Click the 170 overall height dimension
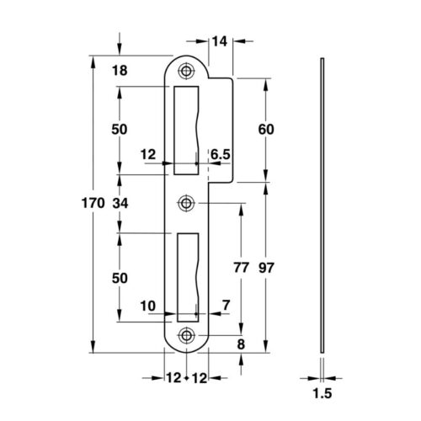93,203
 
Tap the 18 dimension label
120,71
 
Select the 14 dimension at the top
220,41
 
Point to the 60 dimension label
266,130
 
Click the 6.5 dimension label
221,154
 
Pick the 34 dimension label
120,203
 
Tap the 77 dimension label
242,268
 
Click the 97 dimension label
266,268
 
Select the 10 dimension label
147,306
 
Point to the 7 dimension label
226,305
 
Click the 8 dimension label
241,344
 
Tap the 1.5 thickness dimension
322,393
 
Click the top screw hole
186,71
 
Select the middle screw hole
186,203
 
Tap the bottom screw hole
186,335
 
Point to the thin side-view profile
322,205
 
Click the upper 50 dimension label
120,130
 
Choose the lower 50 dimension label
120,278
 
